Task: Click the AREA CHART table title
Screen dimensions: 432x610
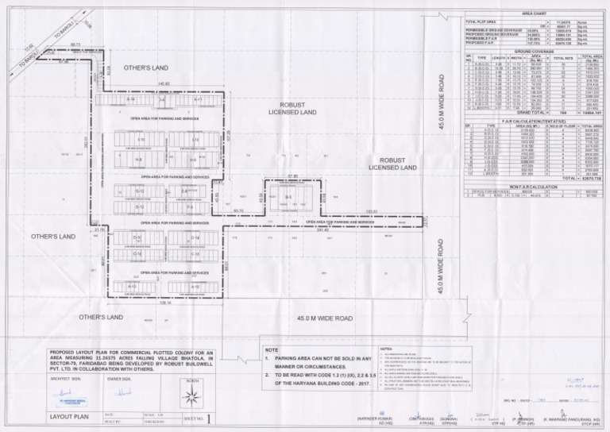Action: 534,14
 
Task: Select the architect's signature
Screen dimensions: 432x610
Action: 65,390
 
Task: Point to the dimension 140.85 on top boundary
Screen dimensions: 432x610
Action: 163,83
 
